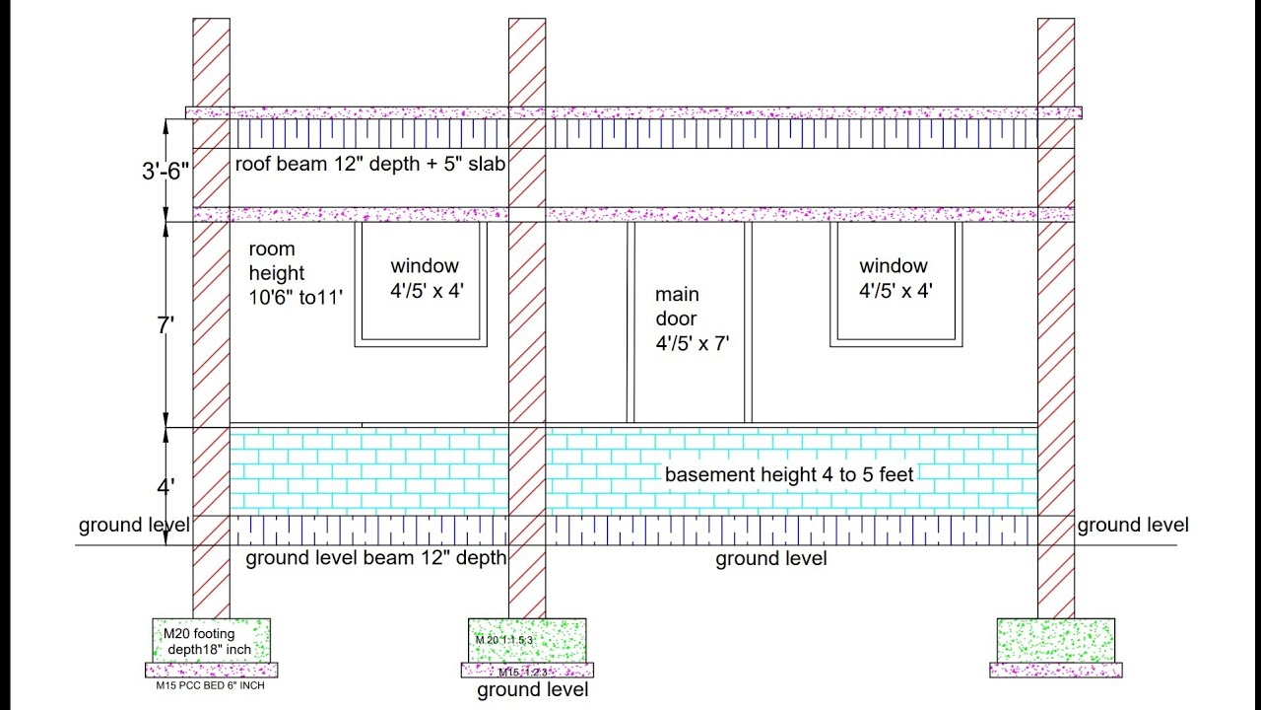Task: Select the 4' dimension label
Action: (x=166, y=485)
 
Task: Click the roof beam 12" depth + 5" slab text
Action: (x=369, y=164)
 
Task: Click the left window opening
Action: (x=422, y=284)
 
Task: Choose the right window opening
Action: (x=896, y=284)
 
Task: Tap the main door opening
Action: (x=690, y=321)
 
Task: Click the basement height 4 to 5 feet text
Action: (x=789, y=474)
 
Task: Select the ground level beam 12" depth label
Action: (x=375, y=559)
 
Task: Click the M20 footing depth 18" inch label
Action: (x=210, y=641)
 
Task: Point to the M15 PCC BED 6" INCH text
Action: (x=210, y=685)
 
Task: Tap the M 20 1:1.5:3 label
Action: (x=503, y=640)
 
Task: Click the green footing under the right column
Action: (x=1056, y=640)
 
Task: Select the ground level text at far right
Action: (x=1133, y=525)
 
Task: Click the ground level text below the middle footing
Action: (x=533, y=690)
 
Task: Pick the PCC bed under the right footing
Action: (x=1056, y=671)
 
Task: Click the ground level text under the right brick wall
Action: (x=770, y=559)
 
